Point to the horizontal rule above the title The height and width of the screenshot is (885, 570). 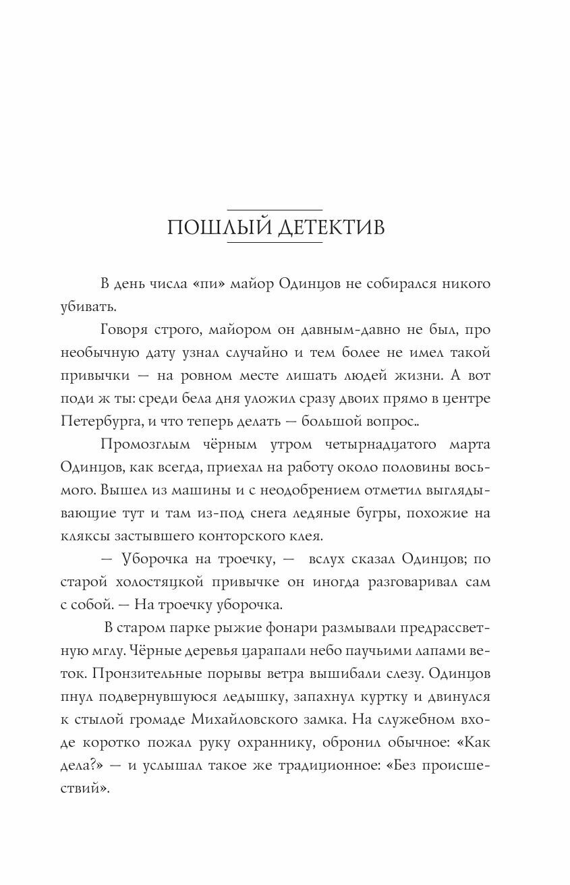point(275,210)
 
